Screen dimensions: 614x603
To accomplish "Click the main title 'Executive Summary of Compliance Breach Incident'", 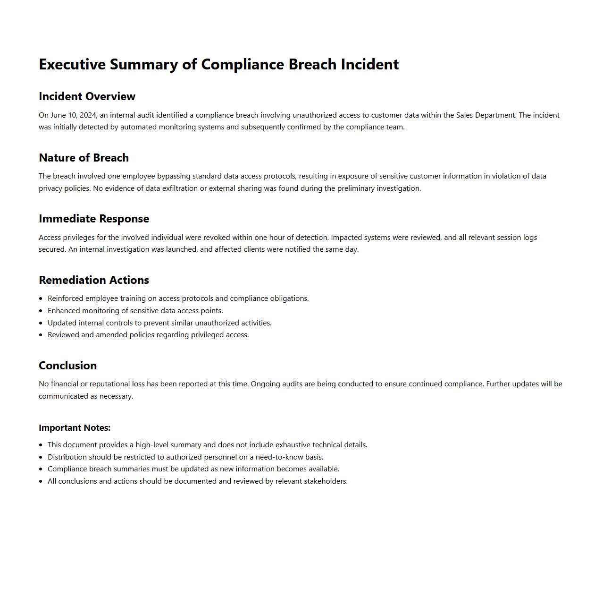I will pos(218,64).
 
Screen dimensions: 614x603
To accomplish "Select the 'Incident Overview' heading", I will pos(87,96).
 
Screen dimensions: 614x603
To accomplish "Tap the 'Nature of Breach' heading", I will pos(84,158).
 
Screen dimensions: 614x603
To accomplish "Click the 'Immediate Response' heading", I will pos(94,219).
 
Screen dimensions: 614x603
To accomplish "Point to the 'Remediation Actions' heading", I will pos(94,280).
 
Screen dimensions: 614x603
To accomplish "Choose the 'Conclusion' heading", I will pos(67,366).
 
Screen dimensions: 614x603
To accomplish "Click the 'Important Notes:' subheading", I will pos(75,428).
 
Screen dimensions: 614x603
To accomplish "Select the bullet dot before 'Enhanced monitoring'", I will pos(41,311).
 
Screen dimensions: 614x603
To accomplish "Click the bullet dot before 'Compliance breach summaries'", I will pos(41,469).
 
